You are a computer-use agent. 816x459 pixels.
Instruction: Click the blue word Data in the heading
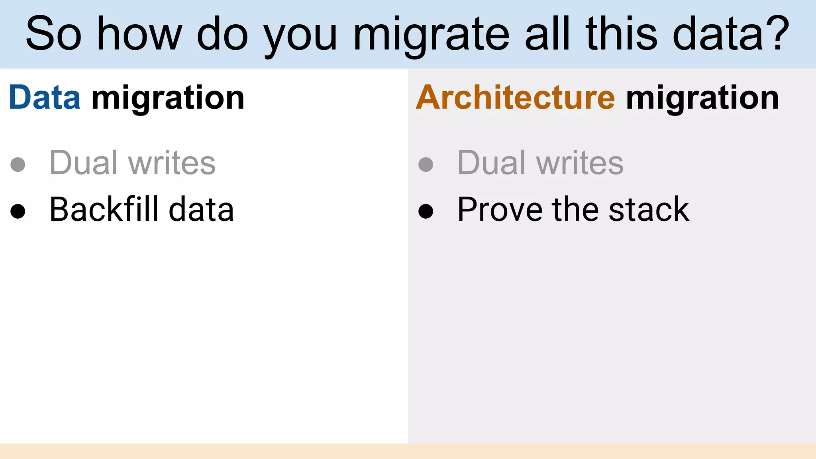[44, 98]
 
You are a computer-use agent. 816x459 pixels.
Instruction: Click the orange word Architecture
[515, 98]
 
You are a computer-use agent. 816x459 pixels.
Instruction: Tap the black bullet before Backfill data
[18, 211]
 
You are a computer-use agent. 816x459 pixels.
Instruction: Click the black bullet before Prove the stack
[426, 211]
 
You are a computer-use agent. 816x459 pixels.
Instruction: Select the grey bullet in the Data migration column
[18, 164]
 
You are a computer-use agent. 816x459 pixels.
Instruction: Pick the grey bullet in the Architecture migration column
[426, 164]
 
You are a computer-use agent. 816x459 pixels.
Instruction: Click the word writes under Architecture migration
[580, 163]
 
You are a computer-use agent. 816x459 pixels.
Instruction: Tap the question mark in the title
[777, 33]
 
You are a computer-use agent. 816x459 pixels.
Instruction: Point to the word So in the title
[54, 34]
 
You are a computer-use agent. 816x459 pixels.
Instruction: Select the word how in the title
[140, 34]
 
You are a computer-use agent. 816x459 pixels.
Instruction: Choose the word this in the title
[622, 34]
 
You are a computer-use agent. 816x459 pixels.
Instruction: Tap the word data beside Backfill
[201, 209]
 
